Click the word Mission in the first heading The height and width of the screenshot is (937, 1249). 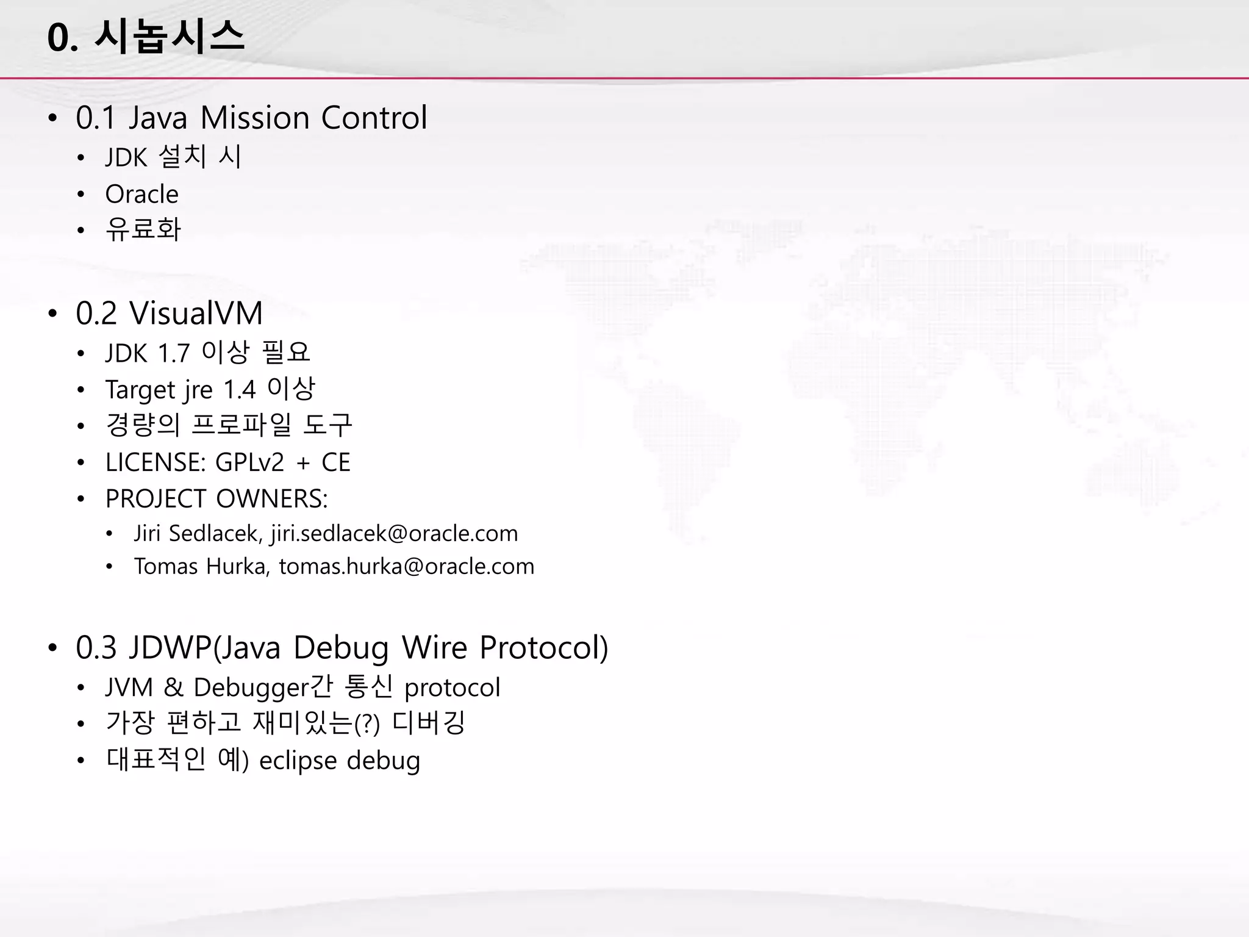(254, 118)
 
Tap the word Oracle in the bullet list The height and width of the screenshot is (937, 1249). (141, 194)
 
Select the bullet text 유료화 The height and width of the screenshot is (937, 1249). (143, 229)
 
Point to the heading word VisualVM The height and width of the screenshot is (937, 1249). (196, 314)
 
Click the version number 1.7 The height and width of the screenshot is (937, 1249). (174, 353)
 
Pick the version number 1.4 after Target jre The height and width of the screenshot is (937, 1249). (239, 389)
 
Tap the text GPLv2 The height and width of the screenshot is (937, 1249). (250, 462)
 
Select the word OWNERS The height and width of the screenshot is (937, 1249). (272, 499)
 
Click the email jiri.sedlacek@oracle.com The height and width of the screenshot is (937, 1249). (394, 533)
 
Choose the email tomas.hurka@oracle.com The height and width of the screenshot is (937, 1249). (406, 566)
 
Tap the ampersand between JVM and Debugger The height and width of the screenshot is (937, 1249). (173, 687)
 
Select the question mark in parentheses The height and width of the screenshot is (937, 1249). (367, 725)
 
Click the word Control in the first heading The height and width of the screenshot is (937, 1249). (374, 118)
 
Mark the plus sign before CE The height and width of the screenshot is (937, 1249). (303, 464)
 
